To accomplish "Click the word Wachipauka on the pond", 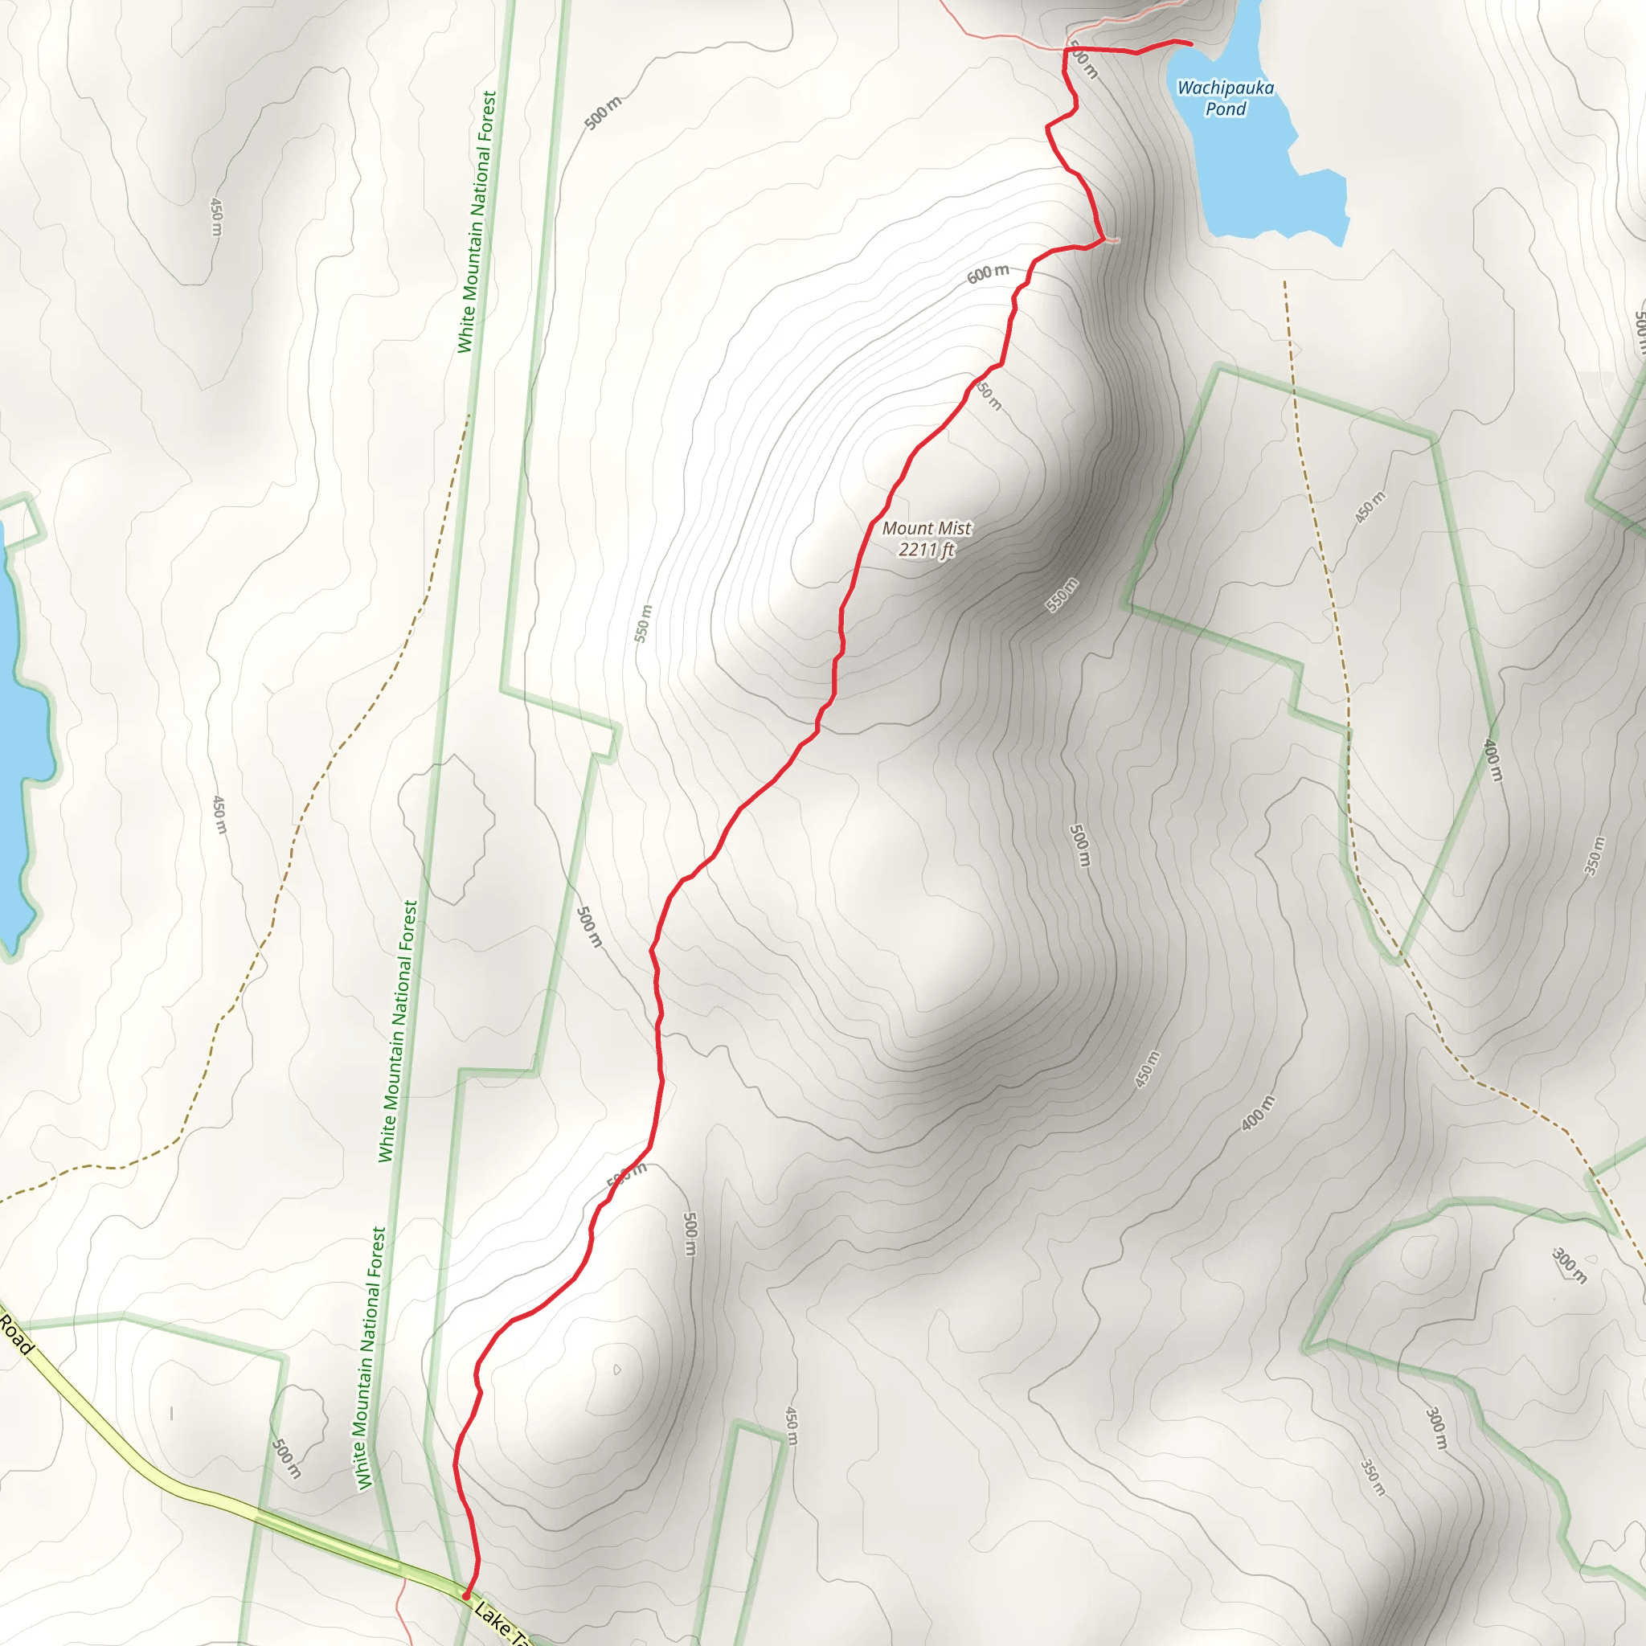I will coord(1225,88).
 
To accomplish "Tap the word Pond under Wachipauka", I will coord(1225,109).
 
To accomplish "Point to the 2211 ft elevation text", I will coord(926,550).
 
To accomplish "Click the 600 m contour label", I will coord(988,273).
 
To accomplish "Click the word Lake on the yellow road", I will coord(492,1615).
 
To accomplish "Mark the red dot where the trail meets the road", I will coord(465,1595).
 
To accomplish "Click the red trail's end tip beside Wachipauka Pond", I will coord(1189,43).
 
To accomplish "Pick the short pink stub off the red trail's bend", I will coord(1112,240).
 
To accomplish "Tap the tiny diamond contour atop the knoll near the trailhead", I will coord(616,1370).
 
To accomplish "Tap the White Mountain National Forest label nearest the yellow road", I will coord(371,1359).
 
